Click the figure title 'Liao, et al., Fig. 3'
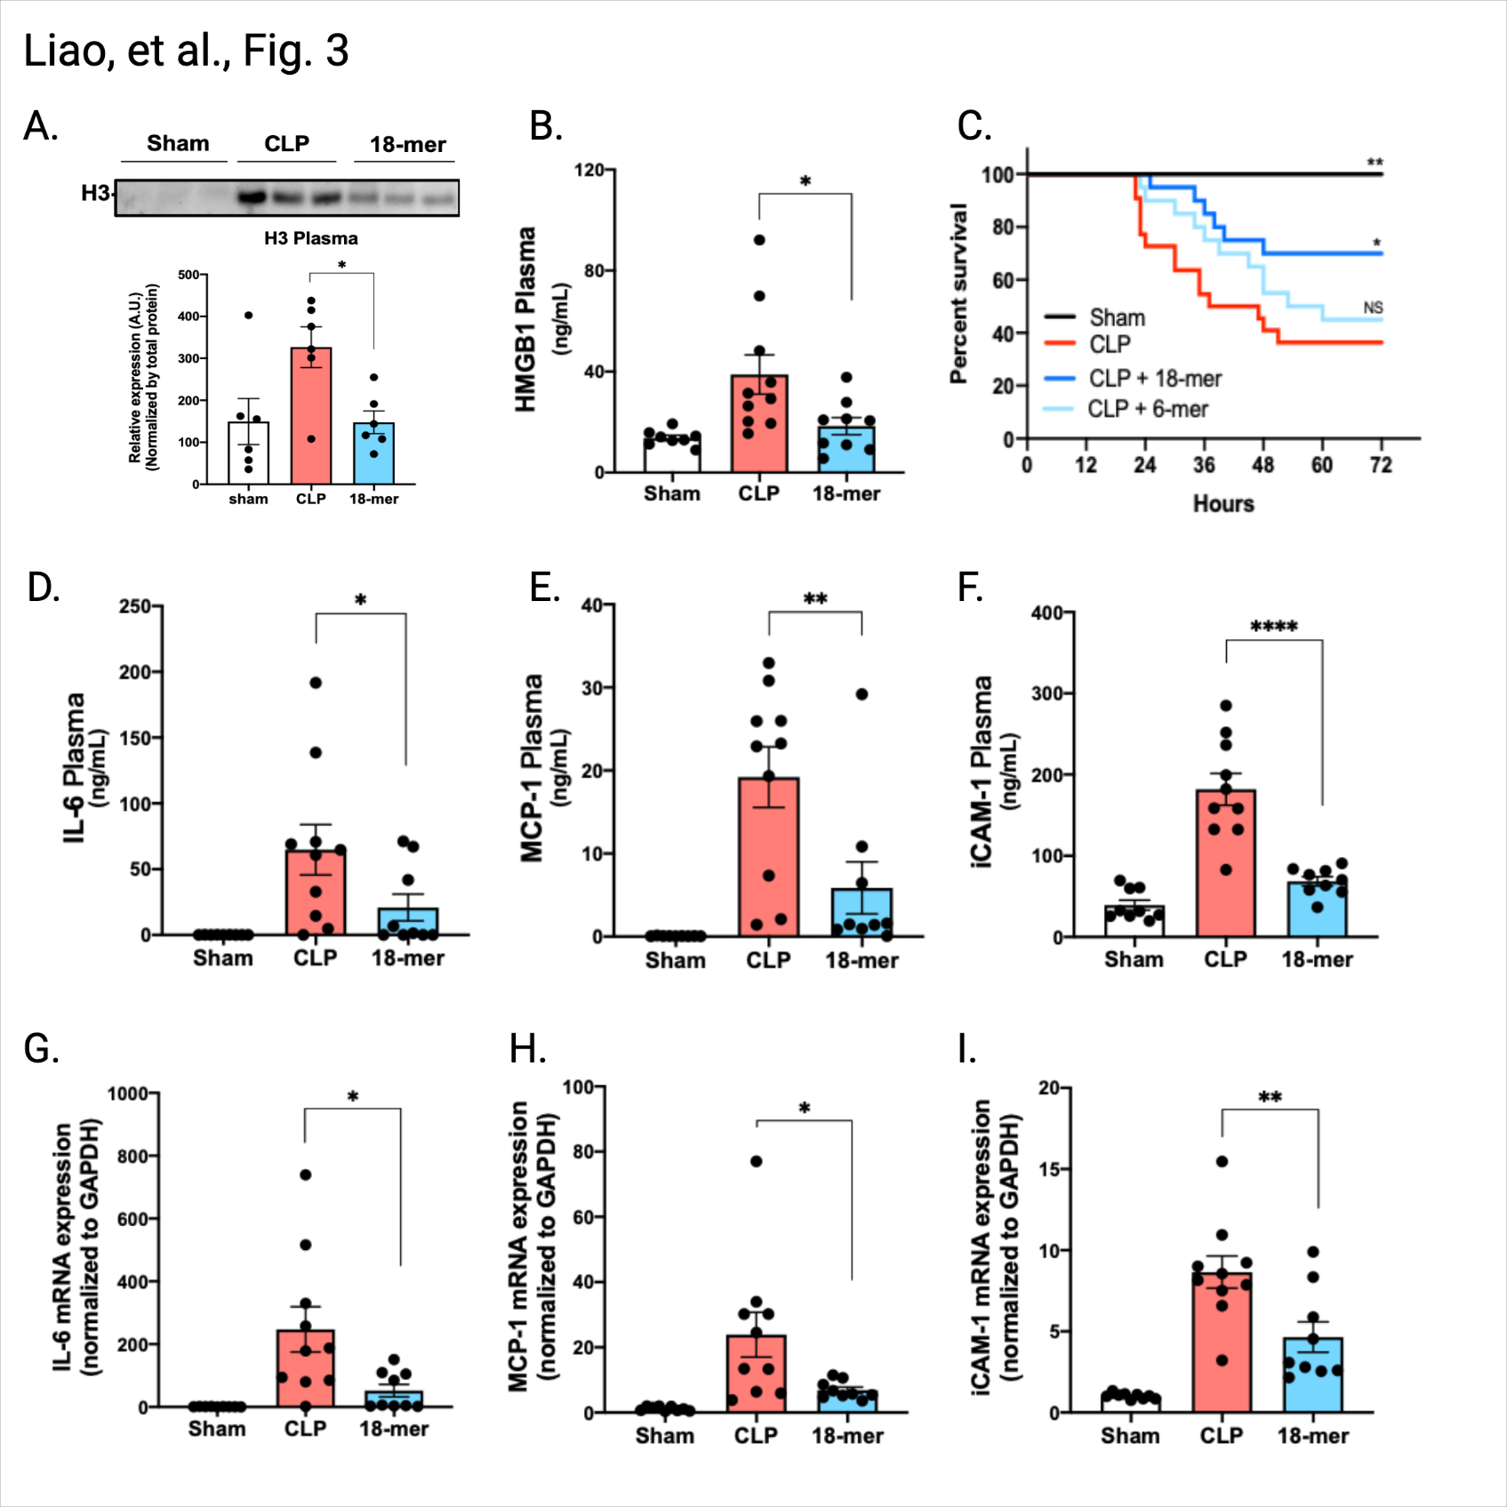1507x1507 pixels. coord(186,51)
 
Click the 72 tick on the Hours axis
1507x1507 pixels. coord(1381,465)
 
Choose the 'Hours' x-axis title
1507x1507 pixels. coord(1223,504)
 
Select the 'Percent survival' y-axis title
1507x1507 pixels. coord(958,293)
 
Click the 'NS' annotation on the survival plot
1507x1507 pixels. coord(1373,308)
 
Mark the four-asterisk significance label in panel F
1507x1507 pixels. coord(1273,627)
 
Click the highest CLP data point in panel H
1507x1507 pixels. coord(757,1161)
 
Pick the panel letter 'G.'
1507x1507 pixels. coord(41,1049)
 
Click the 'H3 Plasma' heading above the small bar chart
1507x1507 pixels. coord(311,238)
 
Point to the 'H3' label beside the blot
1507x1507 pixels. coord(95,193)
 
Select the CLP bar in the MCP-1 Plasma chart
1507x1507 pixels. coord(768,857)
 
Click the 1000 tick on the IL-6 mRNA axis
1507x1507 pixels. coord(127,1094)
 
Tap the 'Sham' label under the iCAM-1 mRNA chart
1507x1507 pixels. coord(1130,1436)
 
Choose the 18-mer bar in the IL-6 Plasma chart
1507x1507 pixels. coord(407,922)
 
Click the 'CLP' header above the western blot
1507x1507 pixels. coord(286,144)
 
